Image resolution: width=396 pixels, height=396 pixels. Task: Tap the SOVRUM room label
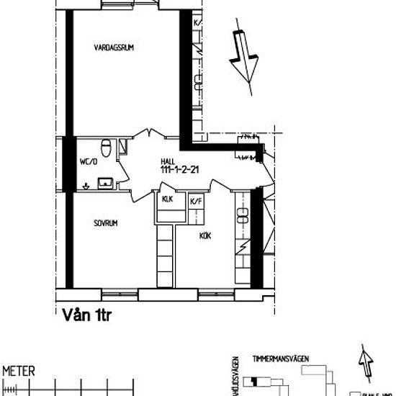tap(105, 224)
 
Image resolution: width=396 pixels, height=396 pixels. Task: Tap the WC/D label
tap(88, 163)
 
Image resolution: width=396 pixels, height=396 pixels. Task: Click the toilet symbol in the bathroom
tap(107, 148)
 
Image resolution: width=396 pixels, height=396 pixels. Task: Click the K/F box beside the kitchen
tap(195, 202)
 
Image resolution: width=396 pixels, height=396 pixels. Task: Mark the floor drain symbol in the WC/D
tap(86, 185)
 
